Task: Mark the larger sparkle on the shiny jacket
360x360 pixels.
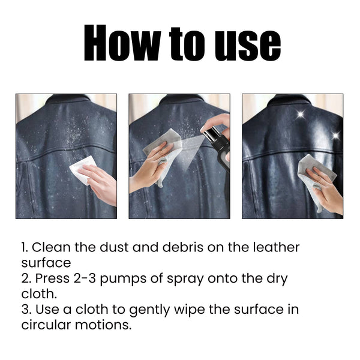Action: coord(299,115)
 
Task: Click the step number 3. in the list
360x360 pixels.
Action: coord(26,310)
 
